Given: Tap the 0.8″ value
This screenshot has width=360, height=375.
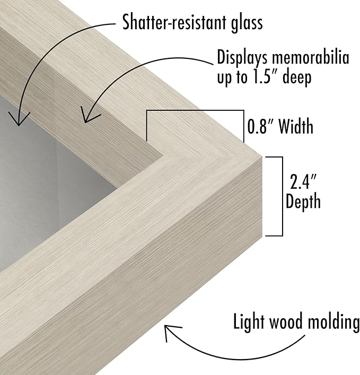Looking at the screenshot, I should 259,127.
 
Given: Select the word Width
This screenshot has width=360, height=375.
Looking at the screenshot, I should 295,127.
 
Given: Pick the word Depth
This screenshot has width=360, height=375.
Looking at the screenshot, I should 303,202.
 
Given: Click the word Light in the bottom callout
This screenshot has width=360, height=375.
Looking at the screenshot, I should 249,322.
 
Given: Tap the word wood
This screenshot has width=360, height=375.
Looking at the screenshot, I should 286,322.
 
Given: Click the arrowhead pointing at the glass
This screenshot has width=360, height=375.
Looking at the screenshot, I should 19,121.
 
